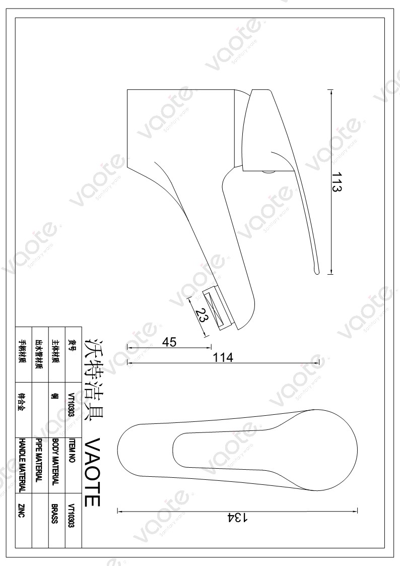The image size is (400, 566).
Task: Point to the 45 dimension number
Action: click(169, 342)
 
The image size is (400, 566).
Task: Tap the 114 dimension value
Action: click(223, 357)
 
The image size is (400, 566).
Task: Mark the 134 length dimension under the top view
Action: click(237, 518)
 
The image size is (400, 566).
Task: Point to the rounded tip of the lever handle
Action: click(316, 270)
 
